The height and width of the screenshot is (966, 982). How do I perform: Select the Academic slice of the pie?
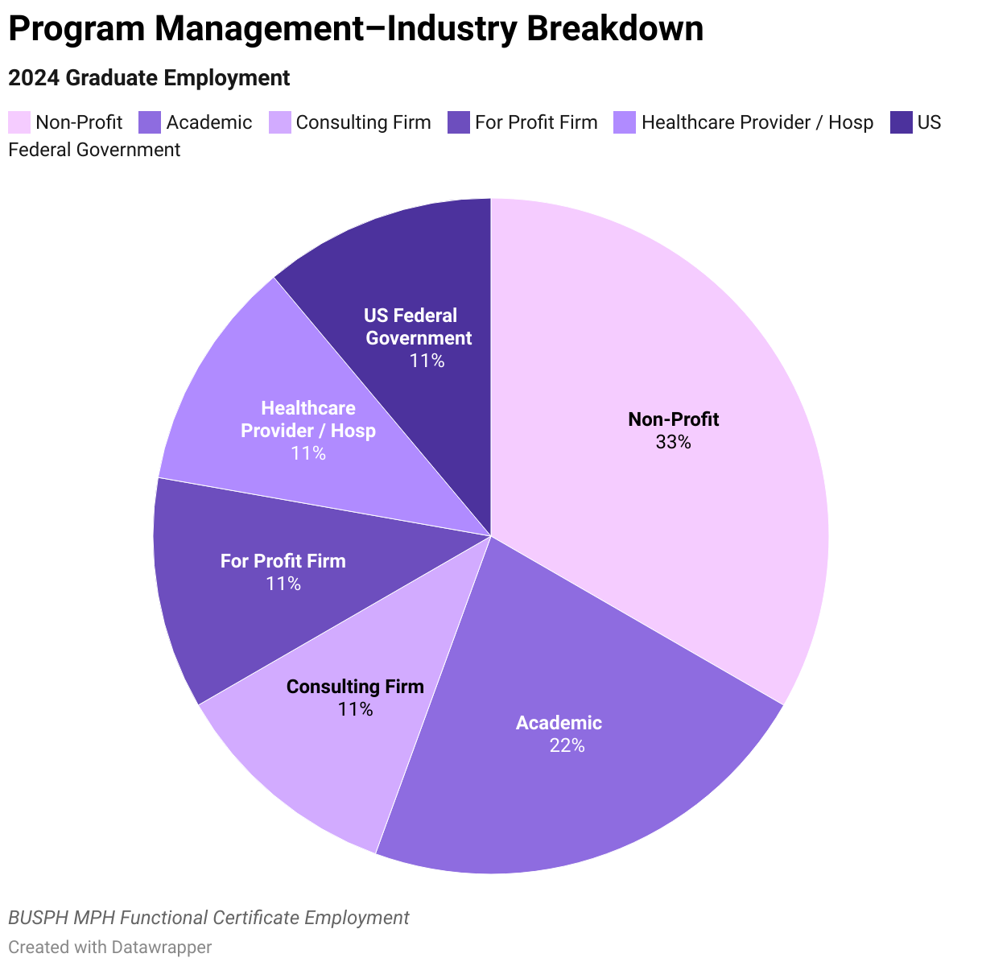(x=580, y=773)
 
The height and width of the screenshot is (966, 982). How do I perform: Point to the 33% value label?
(x=673, y=442)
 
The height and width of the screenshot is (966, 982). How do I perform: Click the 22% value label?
(x=567, y=745)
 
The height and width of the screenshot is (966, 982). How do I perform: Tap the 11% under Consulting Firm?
(x=355, y=709)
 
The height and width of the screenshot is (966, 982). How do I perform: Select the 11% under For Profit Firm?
(x=283, y=584)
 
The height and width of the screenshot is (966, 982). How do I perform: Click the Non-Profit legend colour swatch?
(x=19, y=122)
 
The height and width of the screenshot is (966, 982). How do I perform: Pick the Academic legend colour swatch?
(x=150, y=122)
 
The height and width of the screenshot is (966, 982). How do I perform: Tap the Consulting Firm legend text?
(x=363, y=122)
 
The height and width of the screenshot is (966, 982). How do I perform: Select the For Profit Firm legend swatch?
(x=458, y=122)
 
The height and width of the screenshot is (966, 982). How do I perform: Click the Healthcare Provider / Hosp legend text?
(x=757, y=122)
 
